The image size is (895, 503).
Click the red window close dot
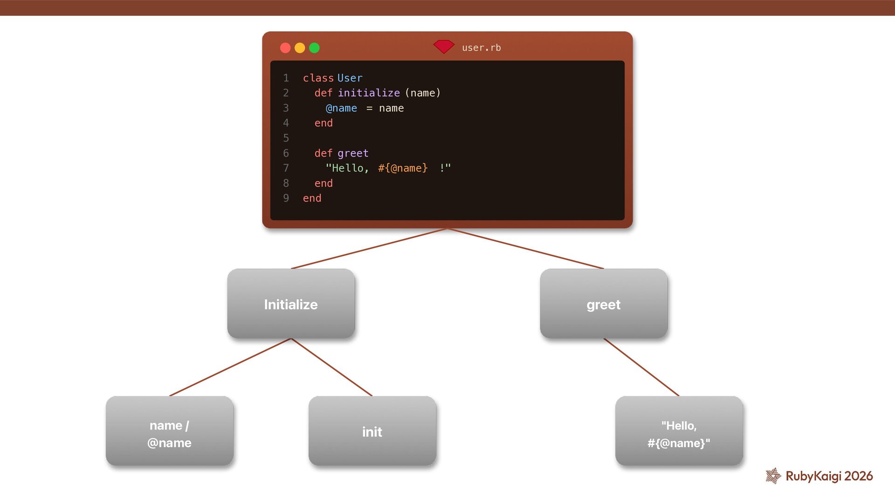point(285,48)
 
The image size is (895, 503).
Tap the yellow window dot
point(300,48)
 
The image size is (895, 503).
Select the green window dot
point(314,48)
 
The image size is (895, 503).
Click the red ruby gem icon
point(443,47)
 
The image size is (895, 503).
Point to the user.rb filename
point(481,48)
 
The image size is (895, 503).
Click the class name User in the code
point(350,78)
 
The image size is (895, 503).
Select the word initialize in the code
point(369,93)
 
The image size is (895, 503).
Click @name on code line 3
point(341,109)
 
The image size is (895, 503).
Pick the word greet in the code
point(353,154)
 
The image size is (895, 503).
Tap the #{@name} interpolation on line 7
point(403,168)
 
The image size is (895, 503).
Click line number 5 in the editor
point(286,138)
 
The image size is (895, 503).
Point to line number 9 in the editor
point(286,198)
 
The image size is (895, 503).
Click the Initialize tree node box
point(291,304)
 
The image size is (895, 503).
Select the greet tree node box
point(604,304)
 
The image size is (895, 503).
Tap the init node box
point(372,431)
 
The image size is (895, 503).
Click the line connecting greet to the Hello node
point(641,367)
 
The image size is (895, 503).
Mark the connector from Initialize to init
point(331,367)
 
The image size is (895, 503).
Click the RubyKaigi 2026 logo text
point(829,476)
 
